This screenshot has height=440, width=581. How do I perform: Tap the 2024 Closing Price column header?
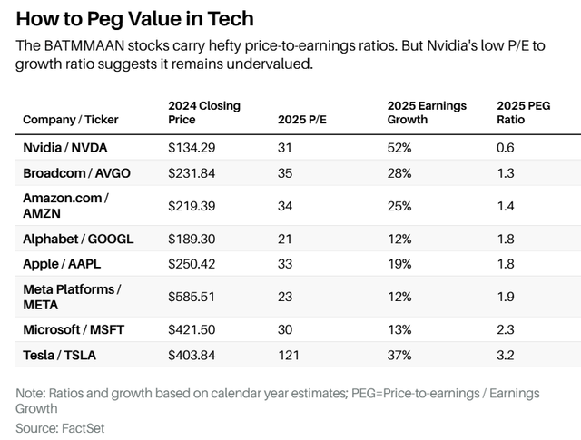pyautogui.click(x=204, y=112)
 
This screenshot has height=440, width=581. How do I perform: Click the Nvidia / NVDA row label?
pyautogui.click(x=66, y=147)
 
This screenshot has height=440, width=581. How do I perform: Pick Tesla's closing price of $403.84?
pyautogui.click(x=192, y=355)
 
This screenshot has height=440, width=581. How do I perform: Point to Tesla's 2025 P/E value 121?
pyautogui.click(x=288, y=355)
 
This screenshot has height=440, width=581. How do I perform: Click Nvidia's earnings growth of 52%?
pyautogui.click(x=399, y=147)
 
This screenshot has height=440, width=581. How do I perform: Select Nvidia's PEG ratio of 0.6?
pyautogui.click(x=506, y=147)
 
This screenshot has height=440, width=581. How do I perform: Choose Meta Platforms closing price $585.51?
pyautogui.click(x=192, y=297)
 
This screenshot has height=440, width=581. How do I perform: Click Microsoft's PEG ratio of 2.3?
pyautogui.click(x=506, y=330)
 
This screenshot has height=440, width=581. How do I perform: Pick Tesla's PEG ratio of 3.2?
pyautogui.click(x=506, y=355)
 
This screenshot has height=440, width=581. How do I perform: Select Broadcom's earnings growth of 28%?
pyautogui.click(x=399, y=171)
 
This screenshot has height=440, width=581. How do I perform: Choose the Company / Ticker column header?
pyautogui.click(x=70, y=119)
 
